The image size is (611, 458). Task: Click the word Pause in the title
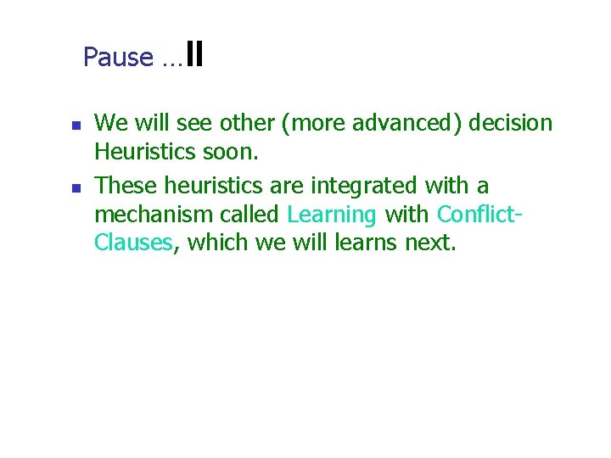[118, 58]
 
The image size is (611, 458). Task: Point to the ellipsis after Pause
[169, 61]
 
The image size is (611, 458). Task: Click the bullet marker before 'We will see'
[75, 125]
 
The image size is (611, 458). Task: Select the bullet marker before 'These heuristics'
[75, 187]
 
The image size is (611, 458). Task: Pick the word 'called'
[248, 215]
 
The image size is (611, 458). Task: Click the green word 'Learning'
[332, 215]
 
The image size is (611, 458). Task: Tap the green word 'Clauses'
[133, 243]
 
